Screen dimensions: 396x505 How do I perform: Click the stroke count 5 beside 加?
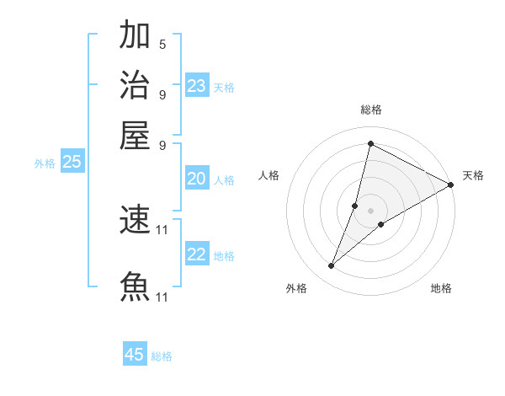point(162,44)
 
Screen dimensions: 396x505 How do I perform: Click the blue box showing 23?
point(197,86)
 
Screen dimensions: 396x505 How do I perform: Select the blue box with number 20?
point(196,179)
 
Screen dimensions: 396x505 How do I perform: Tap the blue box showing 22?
point(197,255)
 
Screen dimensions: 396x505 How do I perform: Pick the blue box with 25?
point(72,163)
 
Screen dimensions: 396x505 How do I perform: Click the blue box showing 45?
point(135,355)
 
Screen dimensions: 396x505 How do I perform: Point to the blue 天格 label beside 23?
point(224,88)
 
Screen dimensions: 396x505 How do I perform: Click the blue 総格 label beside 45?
point(162,356)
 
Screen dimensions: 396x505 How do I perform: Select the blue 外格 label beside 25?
point(45,164)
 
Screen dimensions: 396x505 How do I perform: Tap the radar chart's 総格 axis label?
point(371,110)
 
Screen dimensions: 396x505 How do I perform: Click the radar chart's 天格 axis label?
point(473,175)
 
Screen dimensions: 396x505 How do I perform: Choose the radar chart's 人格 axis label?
point(269,175)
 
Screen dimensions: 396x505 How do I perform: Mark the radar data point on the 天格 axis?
point(451,185)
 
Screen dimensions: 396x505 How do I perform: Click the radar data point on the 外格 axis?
point(332,266)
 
